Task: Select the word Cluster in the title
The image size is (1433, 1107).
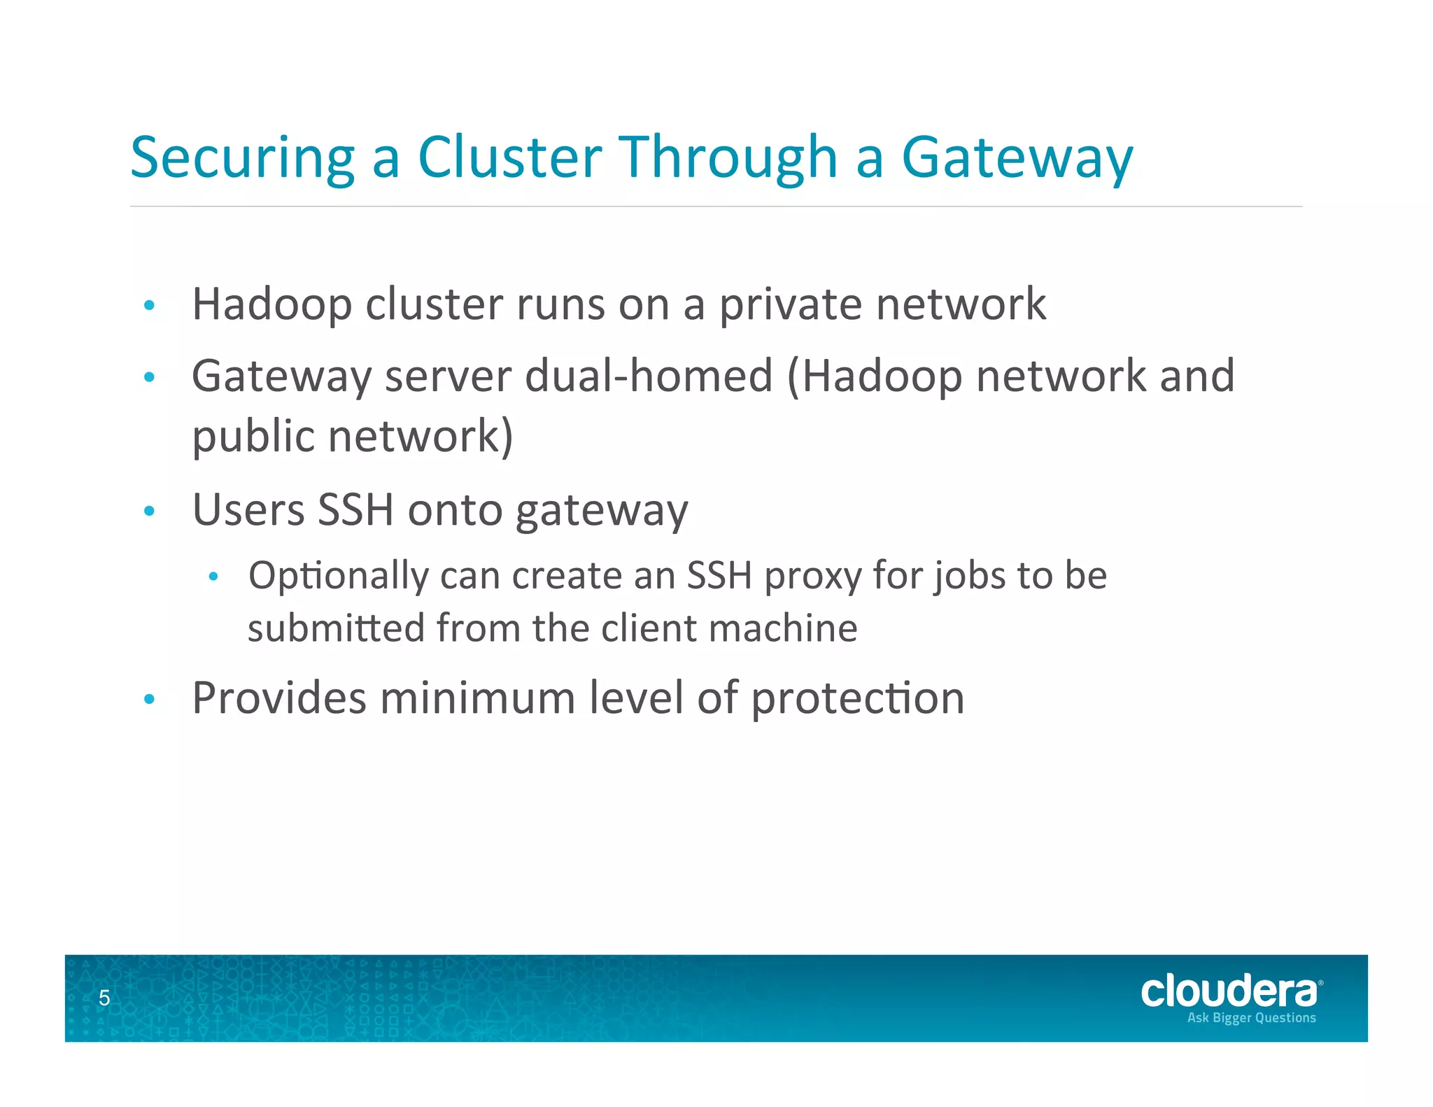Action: click(x=509, y=157)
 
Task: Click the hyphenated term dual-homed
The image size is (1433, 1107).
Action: click(x=649, y=376)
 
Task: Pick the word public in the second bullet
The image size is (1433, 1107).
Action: click(x=253, y=437)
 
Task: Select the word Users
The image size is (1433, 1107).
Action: click(x=248, y=509)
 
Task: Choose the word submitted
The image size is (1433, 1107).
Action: click(x=336, y=628)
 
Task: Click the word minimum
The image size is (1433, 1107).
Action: click(x=477, y=698)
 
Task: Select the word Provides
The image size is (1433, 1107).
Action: click(x=279, y=698)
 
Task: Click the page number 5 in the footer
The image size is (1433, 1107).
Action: click(x=104, y=998)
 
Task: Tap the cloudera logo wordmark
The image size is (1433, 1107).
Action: click(x=1229, y=992)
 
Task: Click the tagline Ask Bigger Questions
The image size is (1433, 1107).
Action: click(x=1251, y=1018)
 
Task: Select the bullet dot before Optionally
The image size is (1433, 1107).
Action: click(x=213, y=577)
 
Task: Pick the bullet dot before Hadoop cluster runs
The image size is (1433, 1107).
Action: click(x=148, y=306)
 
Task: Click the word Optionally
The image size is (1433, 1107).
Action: click(x=338, y=577)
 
